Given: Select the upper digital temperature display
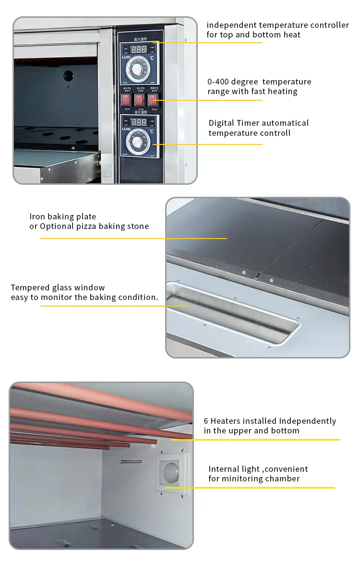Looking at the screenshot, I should pos(139,49).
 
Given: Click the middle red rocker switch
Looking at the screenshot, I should pos(139,99).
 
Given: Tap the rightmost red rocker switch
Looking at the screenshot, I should pos(153,99).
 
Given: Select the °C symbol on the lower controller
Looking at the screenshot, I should pos(152,131).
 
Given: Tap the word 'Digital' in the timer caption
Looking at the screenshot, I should pos(221,123).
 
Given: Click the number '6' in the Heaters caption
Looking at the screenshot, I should pos(206,421).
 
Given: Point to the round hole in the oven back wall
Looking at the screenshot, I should pos(69,75).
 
